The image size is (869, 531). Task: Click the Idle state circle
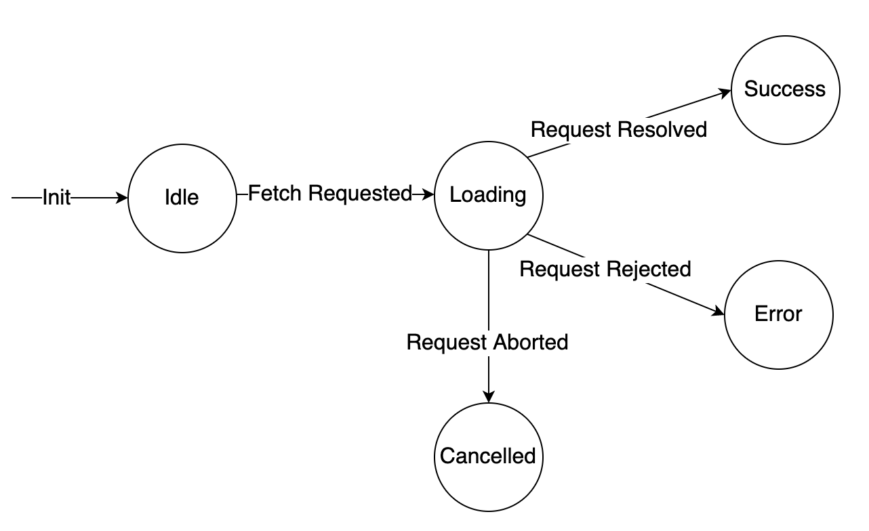click(182, 198)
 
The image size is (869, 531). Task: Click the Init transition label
click(56, 198)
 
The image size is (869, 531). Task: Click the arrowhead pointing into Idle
click(123, 198)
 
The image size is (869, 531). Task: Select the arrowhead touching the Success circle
click(726, 92)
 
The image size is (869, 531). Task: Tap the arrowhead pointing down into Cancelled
click(488, 398)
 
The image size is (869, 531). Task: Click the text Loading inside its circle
click(488, 195)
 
